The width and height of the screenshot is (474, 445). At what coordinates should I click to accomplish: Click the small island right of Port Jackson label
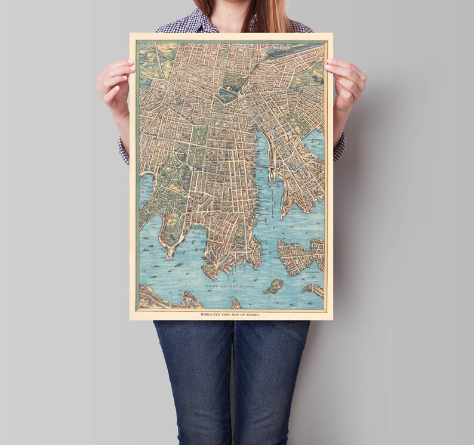click(x=274, y=286)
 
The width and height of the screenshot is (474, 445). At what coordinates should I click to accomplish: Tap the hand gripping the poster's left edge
click(x=116, y=81)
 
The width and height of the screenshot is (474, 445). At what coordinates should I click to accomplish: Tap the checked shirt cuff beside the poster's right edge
click(x=339, y=146)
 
